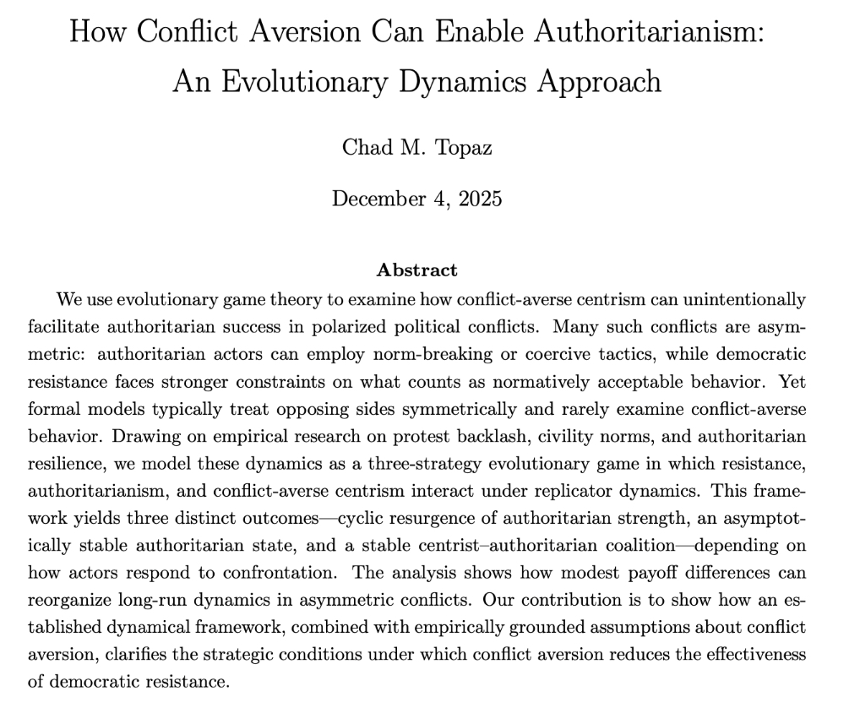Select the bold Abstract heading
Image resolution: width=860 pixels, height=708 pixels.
click(x=416, y=270)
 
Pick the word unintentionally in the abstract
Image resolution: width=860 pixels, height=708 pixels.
click(x=727, y=299)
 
